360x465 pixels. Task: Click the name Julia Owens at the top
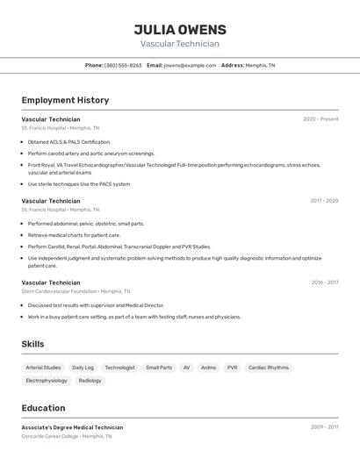pyautogui.click(x=180, y=30)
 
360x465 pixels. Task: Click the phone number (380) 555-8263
pyautogui.click(x=123, y=65)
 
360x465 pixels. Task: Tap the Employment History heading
pyautogui.click(x=65, y=100)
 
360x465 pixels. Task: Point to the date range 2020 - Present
pyautogui.click(x=320, y=118)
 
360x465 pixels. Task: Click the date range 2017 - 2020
pyautogui.click(x=324, y=201)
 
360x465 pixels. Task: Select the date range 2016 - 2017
pyautogui.click(x=324, y=283)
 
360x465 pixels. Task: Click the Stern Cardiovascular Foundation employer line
pyautogui.click(x=76, y=291)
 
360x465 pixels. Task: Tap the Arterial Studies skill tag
pyautogui.click(x=43, y=368)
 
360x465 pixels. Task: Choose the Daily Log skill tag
pyautogui.click(x=83, y=368)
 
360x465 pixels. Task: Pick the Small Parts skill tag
pyautogui.click(x=159, y=368)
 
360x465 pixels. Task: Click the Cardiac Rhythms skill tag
pyautogui.click(x=268, y=368)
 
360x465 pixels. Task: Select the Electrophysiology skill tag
pyautogui.click(x=47, y=381)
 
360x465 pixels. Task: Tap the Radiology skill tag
pyautogui.click(x=90, y=381)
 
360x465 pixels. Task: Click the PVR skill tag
pyautogui.click(x=232, y=368)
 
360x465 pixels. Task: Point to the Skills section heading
pyautogui.click(x=32, y=344)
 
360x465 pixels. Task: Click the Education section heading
pyautogui.click(x=43, y=408)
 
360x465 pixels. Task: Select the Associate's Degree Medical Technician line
pyautogui.click(x=72, y=427)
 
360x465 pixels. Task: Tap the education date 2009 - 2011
pyautogui.click(x=324, y=427)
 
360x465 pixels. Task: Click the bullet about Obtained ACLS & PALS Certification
pyautogui.click(x=69, y=141)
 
